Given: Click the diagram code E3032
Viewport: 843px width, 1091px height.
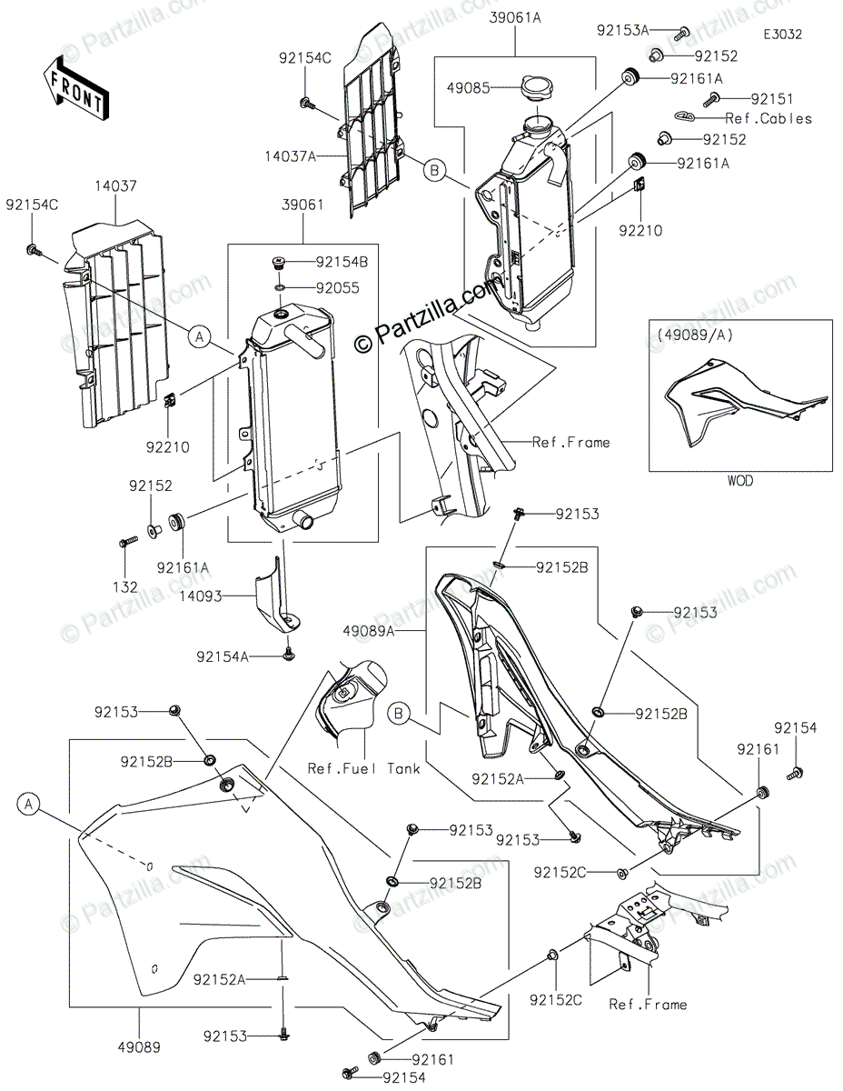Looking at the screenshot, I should click(x=782, y=34).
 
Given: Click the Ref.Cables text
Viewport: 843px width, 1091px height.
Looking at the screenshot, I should click(x=769, y=118).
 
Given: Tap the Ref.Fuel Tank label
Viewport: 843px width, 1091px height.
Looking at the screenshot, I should click(x=363, y=768).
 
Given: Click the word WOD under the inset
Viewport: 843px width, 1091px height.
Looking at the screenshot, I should click(x=740, y=481).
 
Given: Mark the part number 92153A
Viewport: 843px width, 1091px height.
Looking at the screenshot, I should click(x=622, y=30).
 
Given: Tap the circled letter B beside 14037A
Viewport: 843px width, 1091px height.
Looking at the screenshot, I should click(x=434, y=168).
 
